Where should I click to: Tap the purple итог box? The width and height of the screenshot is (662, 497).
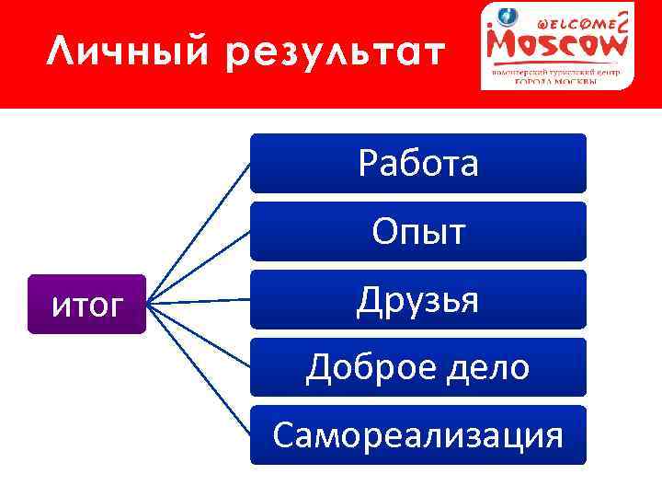86,304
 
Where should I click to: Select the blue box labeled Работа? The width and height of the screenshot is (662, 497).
418,163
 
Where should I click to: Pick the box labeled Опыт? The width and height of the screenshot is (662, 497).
418,231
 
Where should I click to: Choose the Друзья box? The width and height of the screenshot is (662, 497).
418,299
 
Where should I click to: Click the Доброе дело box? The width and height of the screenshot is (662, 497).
418,367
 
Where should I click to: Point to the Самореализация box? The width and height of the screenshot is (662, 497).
418,435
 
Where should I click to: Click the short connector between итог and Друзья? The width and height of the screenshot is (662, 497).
199,302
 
